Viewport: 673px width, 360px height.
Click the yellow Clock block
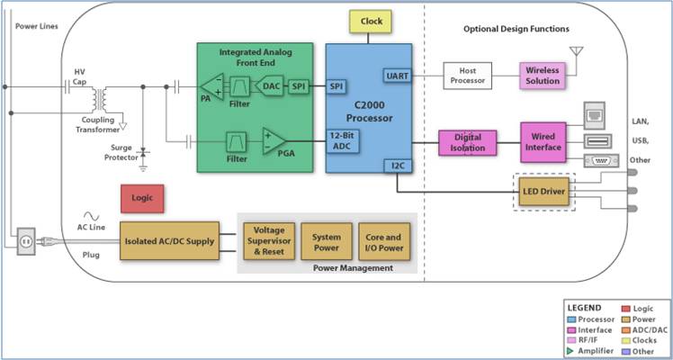tap(371, 21)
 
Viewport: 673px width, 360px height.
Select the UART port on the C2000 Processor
tap(397, 76)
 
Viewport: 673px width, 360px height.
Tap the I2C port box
tap(398, 166)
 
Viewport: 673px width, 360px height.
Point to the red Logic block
tap(142, 198)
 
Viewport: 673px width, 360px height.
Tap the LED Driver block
tap(544, 191)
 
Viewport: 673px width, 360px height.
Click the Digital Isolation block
tap(467, 143)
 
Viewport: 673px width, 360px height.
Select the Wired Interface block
tap(543, 142)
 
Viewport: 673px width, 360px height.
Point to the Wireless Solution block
tap(543, 75)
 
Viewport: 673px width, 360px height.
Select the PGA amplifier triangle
tap(274, 141)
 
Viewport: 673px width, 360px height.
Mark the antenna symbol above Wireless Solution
tap(577, 53)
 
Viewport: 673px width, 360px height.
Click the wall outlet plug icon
tap(25, 239)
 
